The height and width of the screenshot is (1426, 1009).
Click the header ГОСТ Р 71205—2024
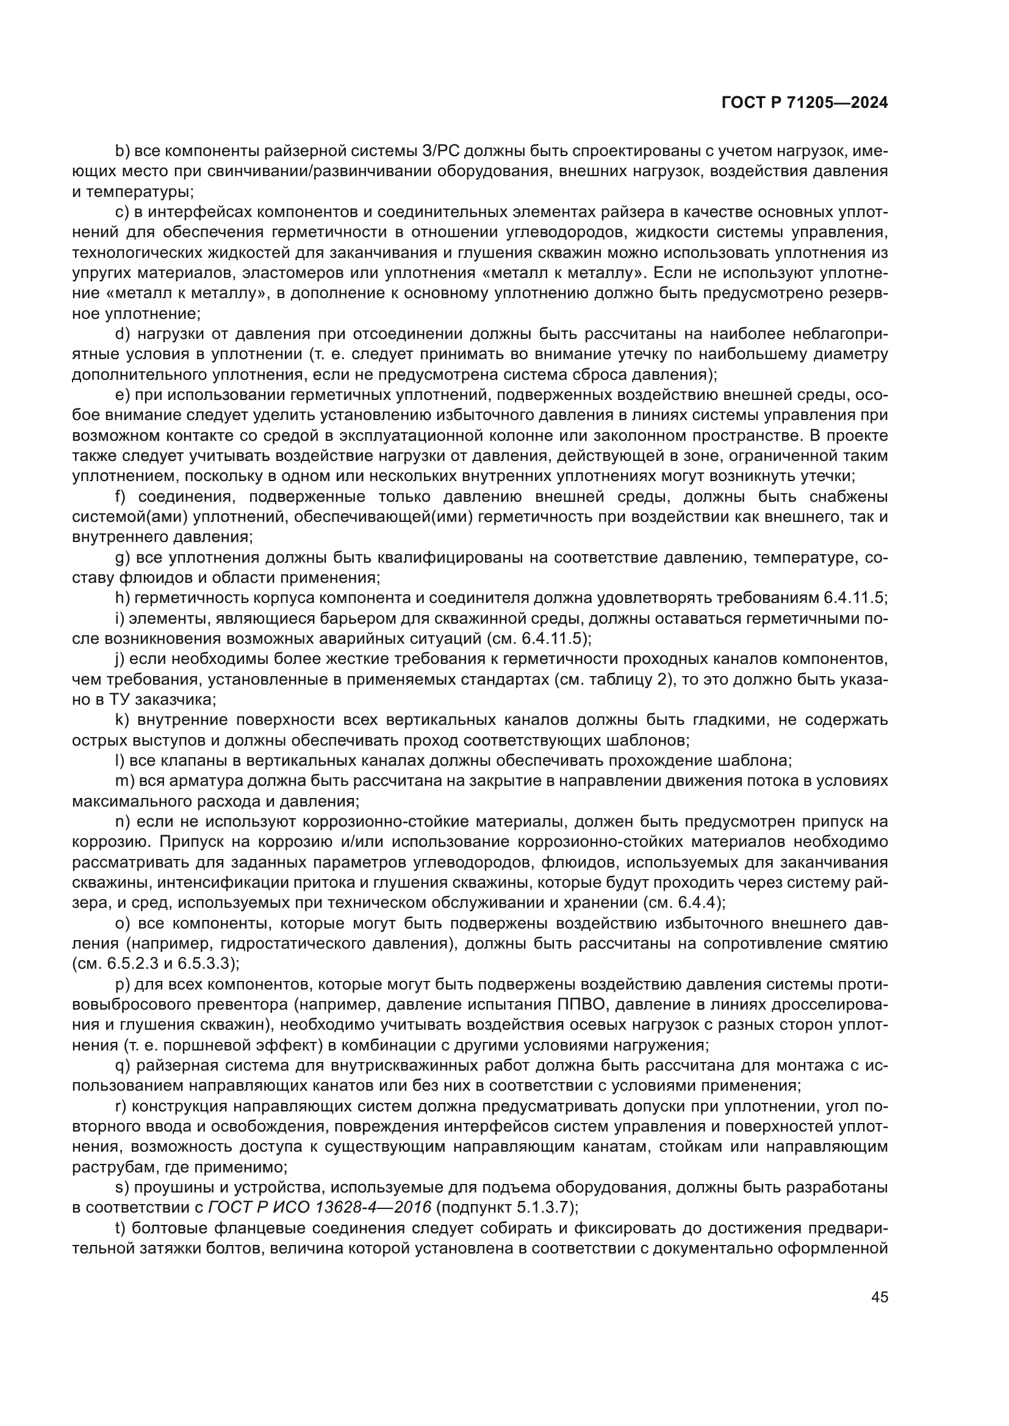coord(805,103)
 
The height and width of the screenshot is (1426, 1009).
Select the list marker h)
coord(123,598)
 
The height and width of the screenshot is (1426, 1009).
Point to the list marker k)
coord(123,721)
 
